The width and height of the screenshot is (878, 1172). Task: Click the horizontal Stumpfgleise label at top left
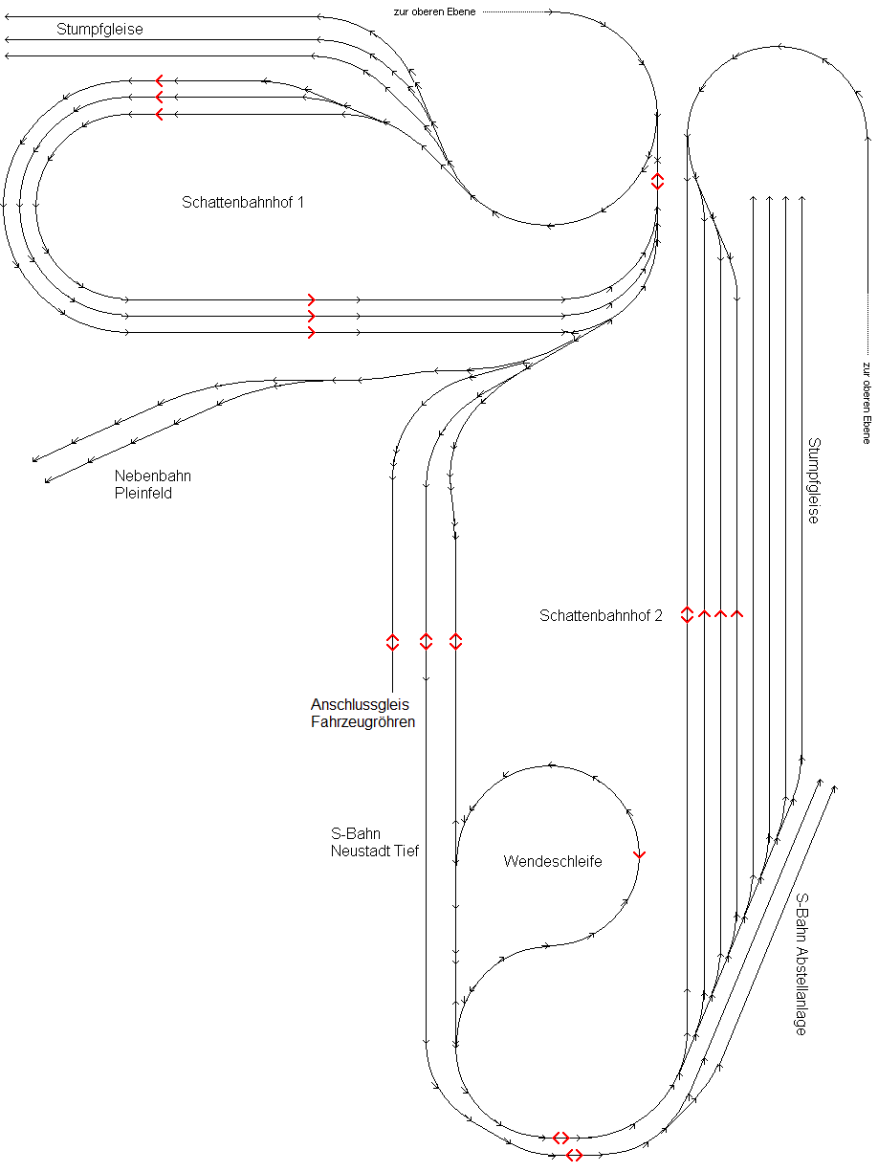click(99, 30)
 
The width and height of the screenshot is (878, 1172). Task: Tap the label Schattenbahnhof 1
click(243, 203)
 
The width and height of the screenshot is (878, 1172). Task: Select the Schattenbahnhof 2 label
click(601, 616)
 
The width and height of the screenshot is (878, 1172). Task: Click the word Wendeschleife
click(553, 862)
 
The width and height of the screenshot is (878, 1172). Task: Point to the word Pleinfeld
click(143, 494)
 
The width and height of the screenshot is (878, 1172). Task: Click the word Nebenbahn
click(153, 476)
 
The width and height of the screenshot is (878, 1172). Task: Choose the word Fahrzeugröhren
click(363, 722)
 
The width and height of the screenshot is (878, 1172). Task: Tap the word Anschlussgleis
click(360, 705)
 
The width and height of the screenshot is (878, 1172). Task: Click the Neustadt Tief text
click(375, 851)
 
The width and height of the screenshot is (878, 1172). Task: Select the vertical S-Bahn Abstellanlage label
click(801, 964)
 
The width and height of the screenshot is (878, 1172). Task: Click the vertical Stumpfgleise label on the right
click(814, 480)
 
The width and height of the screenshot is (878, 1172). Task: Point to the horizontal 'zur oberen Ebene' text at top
click(434, 11)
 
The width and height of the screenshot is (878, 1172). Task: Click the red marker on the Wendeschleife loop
click(639, 854)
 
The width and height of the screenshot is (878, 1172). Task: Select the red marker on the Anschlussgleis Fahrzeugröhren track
click(392, 642)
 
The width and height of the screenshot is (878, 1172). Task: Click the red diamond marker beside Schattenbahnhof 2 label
click(687, 614)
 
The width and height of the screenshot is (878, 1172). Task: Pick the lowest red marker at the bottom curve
click(574, 1155)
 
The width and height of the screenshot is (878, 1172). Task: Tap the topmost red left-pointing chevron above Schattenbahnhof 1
click(159, 80)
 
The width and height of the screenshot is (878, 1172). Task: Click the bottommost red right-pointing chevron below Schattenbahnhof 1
click(311, 333)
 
